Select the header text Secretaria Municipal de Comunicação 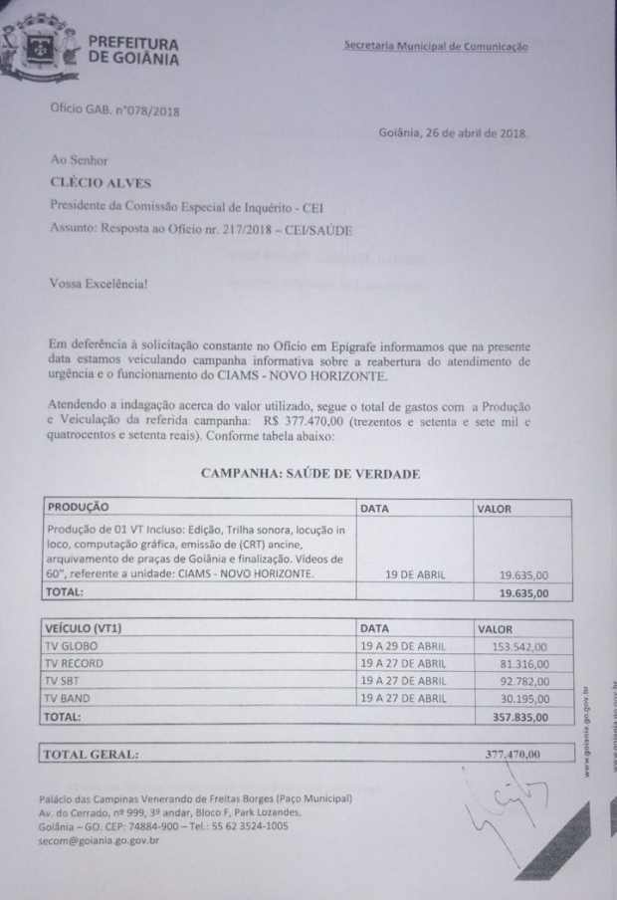tap(436, 46)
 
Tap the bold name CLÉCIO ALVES tap(96, 182)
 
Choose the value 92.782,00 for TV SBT tap(523, 680)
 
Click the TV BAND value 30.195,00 tap(523, 697)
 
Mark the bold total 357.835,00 tap(520, 715)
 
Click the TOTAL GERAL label tap(90, 754)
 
